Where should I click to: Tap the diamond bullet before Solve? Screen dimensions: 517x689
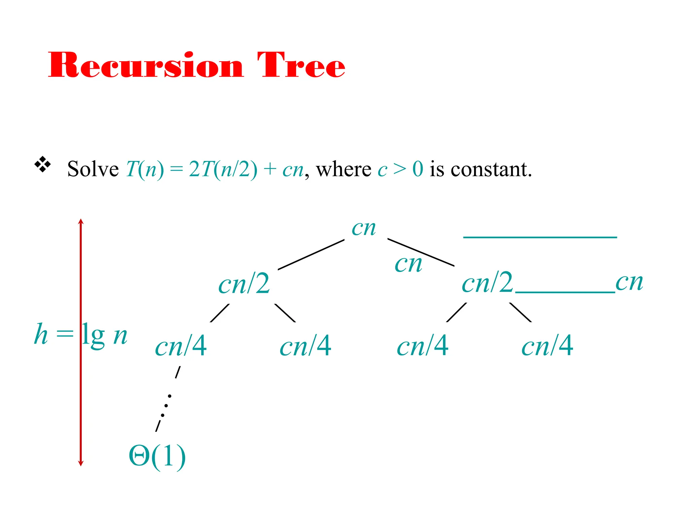point(43,164)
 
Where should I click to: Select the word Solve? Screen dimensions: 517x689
point(93,169)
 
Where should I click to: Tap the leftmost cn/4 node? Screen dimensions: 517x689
point(181,346)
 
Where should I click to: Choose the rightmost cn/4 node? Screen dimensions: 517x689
point(547,346)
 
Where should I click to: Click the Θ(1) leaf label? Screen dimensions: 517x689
point(157,456)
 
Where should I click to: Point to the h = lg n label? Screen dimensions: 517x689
point(81,334)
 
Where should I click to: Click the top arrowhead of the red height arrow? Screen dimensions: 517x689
point(81,221)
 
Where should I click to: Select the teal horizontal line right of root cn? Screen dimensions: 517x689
point(540,237)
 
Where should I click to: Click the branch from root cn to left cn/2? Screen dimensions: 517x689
point(311,254)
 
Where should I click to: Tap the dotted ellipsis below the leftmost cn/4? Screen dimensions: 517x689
point(166,406)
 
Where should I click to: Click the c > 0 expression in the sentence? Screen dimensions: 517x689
point(400,169)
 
